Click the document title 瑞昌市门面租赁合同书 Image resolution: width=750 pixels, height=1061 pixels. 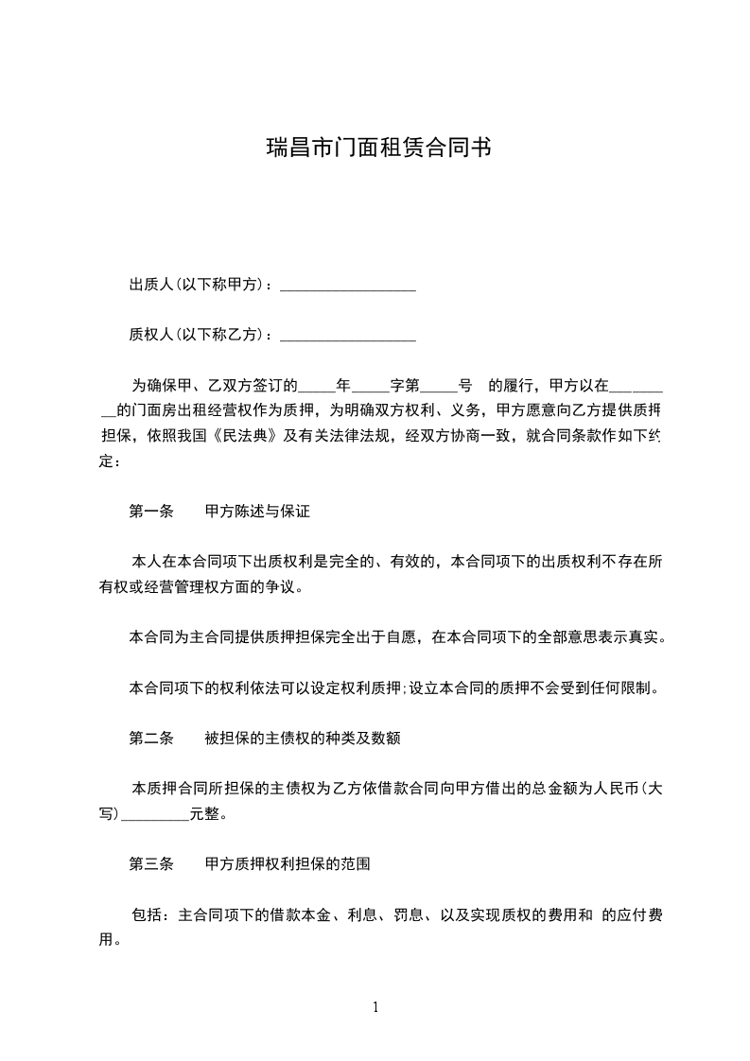376,148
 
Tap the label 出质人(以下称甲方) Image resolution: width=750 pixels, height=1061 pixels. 199,284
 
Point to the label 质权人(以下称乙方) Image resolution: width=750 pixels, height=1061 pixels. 199,334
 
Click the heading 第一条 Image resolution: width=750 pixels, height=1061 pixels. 150,512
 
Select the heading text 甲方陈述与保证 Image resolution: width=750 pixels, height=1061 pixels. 257,512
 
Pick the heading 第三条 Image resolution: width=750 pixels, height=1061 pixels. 150,863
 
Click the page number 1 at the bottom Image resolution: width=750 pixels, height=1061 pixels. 375,1007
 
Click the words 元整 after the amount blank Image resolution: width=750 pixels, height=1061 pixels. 205,813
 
